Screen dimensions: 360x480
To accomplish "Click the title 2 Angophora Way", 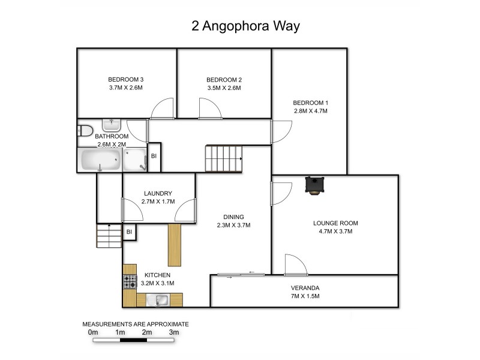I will pos(245,26).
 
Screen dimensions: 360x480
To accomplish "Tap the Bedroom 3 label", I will pos(125,80).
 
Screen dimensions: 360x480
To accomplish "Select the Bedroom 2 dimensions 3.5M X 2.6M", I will pos(224,88).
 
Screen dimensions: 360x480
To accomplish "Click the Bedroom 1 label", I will pos(310,102).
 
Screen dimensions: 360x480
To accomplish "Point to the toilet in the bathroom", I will pos(85,131).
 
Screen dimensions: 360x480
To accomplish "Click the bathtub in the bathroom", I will pos(101,160).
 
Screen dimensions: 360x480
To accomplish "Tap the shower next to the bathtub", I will pos(134,160).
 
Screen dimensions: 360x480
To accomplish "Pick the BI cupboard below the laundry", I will pos(129,231).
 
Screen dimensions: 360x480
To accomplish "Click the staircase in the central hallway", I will pos(224,158).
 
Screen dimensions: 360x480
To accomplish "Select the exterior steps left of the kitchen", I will pos(109,235).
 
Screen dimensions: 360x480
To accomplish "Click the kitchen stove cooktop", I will pos(130,281).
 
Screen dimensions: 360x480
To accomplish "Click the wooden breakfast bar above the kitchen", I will pos(175,245).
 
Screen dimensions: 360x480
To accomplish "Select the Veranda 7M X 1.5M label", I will pos(305,292).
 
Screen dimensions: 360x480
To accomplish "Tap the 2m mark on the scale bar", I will pos(147,332).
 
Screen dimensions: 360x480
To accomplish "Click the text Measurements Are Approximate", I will pos(135,324).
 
